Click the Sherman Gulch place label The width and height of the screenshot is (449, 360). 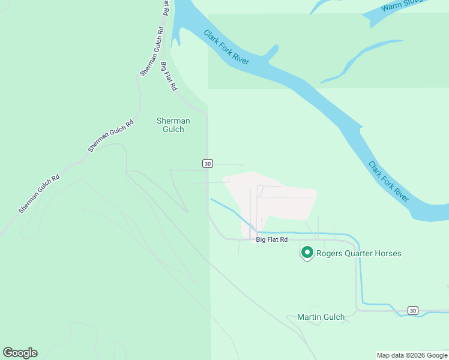173,125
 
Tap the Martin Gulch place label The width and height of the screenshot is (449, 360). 321,317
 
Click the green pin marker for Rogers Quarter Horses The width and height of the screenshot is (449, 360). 307,253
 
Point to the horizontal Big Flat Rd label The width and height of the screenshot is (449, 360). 272,239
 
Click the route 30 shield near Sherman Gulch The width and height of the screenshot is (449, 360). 207,163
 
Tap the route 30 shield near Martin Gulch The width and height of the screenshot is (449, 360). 412,310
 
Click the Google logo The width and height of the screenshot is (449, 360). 20,353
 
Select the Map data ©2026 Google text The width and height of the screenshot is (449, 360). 412,355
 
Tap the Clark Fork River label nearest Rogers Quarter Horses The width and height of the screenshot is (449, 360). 389,181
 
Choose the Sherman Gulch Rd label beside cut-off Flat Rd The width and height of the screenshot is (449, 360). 152,51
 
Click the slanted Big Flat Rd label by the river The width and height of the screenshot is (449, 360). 169,76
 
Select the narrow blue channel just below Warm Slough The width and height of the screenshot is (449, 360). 360,60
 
